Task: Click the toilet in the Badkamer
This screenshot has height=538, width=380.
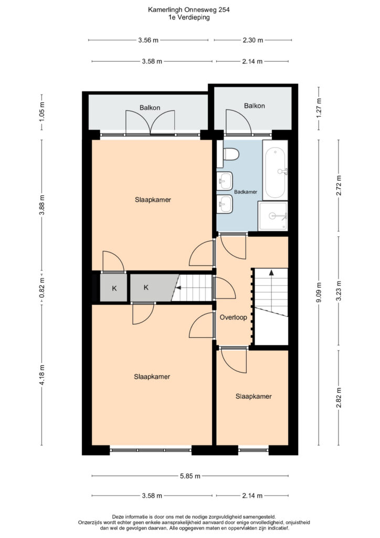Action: tap(230, 154)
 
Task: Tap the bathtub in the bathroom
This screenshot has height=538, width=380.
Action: tap(275, 171)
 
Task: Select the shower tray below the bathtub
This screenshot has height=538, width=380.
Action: tap(273, 216)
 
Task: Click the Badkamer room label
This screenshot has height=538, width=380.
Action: tap(245, 192)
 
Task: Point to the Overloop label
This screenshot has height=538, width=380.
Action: tap(234, 317)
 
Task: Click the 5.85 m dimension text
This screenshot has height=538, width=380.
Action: tap(190, 476)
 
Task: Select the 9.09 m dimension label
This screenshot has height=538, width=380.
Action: tap(319, 292)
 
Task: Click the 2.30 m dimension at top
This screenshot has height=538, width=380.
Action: tap(253, 40)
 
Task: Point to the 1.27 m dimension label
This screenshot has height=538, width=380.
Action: tap(319, 108)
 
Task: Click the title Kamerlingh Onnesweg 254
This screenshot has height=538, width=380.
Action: tap(189, 10)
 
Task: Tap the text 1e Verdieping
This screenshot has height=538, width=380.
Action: tap(189, 17)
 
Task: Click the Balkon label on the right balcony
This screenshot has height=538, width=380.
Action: tap(254, 106)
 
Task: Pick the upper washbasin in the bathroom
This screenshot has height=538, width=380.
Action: tap(225, 181)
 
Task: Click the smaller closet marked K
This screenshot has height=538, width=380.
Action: tap(114, 288)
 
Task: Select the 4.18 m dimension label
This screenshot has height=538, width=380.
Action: tap(42, 375)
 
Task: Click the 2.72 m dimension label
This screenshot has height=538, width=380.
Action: tap(339, 185)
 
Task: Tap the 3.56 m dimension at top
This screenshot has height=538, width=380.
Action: tap(149, 40)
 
